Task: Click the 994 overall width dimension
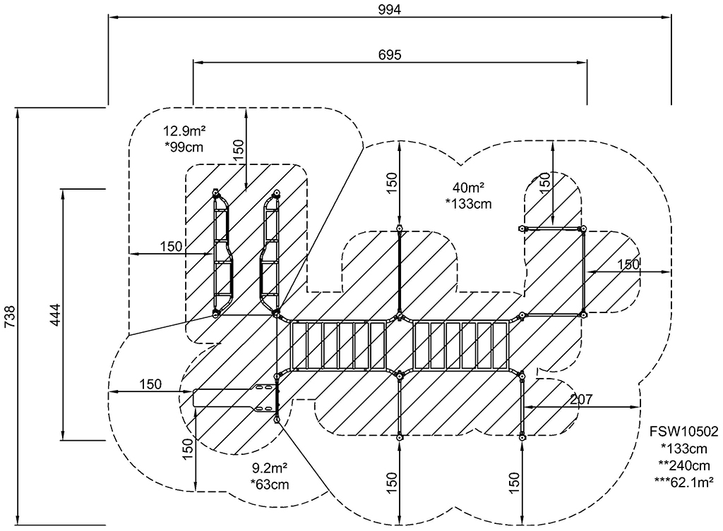pos(390,10)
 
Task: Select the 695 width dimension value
pos(390,55)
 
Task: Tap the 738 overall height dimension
pos(10,317)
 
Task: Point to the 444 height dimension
pos(55,315)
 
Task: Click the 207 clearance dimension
pos(580,399)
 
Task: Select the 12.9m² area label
pos(184,131)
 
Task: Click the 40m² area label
pos(468,188)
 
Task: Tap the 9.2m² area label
pos(270,469)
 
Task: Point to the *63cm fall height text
pos(270,484)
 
